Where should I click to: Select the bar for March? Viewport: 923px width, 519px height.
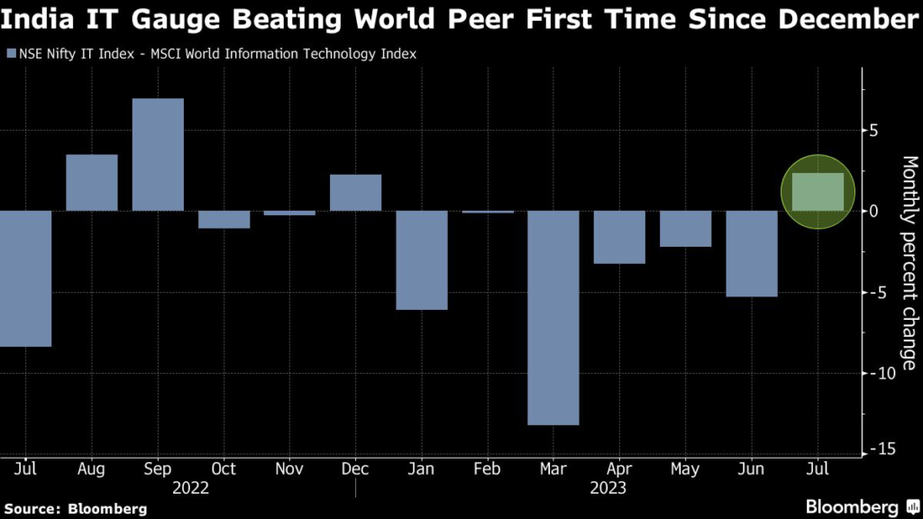(553, 317)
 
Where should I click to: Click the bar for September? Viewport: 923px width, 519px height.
(158, 154)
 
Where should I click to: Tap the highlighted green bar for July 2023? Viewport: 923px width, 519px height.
(817, 192)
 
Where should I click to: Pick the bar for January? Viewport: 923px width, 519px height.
(421, 259)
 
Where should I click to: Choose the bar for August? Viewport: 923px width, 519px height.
(91, 183)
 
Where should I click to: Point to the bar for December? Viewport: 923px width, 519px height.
(355, 193)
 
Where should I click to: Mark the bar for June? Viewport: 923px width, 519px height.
(751, 253)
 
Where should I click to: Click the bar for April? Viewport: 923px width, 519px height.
(619, 237)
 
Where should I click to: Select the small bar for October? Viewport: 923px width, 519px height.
(224, 219)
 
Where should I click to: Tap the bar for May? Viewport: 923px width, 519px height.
(685, 229)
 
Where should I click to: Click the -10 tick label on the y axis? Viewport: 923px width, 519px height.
(884, 372)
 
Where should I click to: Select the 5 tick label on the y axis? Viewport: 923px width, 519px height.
(873, 131)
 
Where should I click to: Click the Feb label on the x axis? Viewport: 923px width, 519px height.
(488, 469)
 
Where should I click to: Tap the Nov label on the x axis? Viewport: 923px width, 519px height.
(289, 469)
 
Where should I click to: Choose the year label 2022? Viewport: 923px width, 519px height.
(190, 488)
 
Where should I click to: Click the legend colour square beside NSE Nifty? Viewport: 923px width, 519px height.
(10, 54)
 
